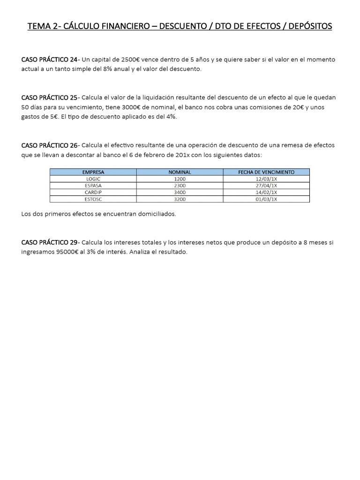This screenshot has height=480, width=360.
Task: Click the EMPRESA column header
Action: [x=93, y=172]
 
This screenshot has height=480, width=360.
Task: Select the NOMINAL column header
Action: [x=180, y=172]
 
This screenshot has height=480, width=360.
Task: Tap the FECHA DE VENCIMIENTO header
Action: [x=266, y=172]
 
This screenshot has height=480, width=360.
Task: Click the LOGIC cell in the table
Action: [x=93, y=179]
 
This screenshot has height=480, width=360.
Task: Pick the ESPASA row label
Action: [x=93, y=186]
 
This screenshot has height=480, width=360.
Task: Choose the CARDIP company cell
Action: [x=93, y=192]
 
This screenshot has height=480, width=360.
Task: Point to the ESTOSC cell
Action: [x=93, y=199]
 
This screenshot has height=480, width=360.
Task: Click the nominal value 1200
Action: [x=180, y=179]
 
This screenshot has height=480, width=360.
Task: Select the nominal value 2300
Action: [x=180, y=186]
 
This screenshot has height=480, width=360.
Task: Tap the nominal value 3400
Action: [x=180, y=192]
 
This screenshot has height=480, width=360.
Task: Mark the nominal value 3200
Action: [x=180, y=199]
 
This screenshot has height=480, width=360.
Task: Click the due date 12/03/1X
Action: [x=266, y=179]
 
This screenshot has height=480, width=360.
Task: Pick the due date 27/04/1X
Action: [x=266, y=186]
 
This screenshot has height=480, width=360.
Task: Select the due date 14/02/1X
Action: [x=266, y=192]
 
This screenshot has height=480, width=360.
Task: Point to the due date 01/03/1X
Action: [x=266, y=199]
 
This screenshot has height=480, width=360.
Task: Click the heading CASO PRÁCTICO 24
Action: [x=50, y=60]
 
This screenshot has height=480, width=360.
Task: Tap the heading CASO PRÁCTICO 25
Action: [x=50, y=97]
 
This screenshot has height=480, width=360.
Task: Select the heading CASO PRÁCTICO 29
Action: [x=50, y=242]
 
